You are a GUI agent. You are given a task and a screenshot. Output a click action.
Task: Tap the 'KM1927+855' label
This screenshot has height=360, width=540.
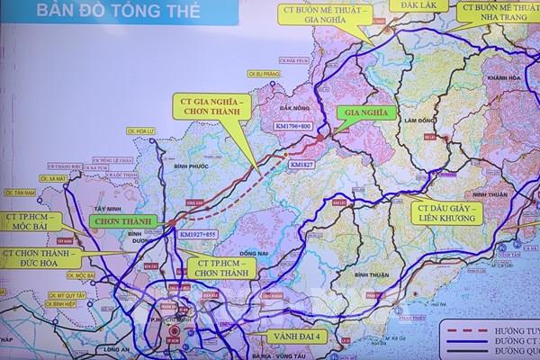point(197,234)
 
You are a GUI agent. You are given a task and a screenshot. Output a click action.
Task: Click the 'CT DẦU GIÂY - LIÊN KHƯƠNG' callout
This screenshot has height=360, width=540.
point(447,212)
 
